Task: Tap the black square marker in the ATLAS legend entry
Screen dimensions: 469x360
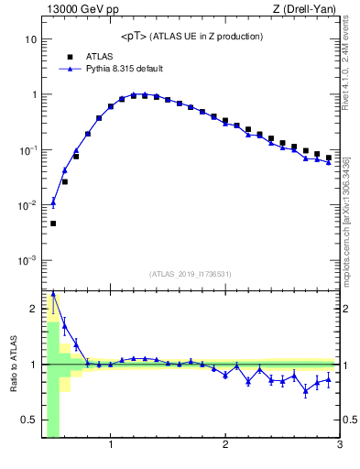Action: point(69,56)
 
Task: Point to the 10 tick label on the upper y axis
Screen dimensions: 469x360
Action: point(30,40)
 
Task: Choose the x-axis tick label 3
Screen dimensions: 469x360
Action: point(339,446)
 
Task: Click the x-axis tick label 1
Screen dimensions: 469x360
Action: point(111,446)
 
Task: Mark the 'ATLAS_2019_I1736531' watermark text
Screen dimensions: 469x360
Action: point(191,274)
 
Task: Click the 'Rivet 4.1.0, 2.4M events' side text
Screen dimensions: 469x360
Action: point(349,64)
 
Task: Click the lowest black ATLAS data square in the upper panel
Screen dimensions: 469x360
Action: point(53,224)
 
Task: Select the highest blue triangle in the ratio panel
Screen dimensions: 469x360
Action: point(53,294)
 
